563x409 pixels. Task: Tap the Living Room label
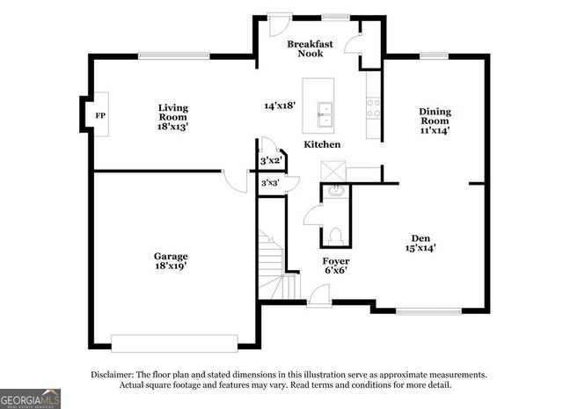[173, 113]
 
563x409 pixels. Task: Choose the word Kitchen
[322, 144]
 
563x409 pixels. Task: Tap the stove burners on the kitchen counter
[373, 107]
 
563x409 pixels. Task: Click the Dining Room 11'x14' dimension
[435, 131]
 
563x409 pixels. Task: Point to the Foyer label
[335, 261]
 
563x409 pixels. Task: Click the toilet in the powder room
[334, 236]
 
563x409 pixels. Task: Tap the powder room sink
[335, 190]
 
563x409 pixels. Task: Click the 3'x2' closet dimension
[269, 161]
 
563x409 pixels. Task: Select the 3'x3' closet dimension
[269, 183]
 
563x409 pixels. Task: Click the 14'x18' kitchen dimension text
[280, 106]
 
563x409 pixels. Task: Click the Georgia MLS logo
[31, 398]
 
